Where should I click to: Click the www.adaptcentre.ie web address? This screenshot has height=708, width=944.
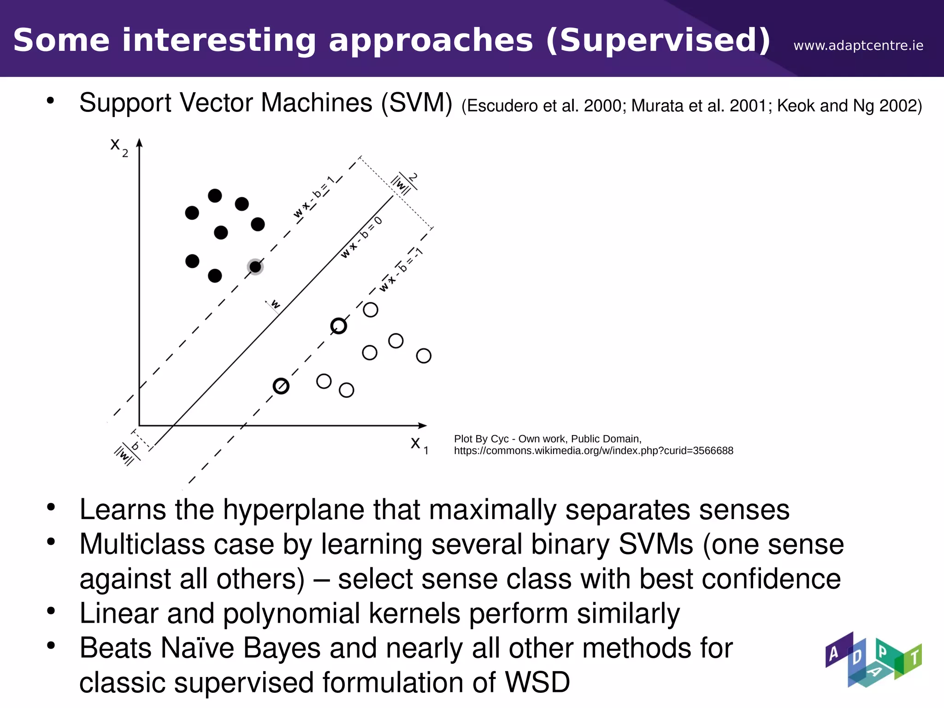(858, 46)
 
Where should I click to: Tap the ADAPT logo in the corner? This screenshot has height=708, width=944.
(873, 660)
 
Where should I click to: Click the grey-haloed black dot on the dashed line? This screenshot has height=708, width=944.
(255, 266)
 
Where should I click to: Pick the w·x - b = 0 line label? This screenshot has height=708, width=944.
(361, 237)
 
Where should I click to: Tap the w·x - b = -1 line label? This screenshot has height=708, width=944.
(400, 270)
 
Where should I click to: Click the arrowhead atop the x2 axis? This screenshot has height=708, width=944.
(139, 143)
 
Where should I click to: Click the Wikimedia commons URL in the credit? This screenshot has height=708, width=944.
(593, 451)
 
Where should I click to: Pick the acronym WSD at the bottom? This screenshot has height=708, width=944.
(537, 682)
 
